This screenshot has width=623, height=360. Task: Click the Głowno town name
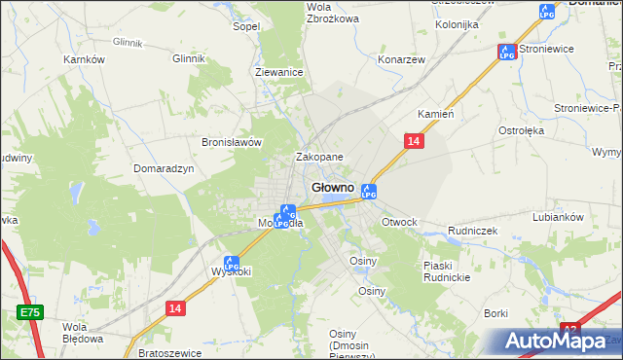tap(333, 187)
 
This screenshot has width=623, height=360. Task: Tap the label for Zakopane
tap(319, 157)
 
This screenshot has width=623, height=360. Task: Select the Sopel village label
tap(245, 26)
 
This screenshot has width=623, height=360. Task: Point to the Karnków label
tap(84, 59)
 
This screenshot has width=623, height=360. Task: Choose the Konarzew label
tap(402, 58)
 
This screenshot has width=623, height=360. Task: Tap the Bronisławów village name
tap(233, 141)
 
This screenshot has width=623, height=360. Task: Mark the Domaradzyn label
tap(165, 168)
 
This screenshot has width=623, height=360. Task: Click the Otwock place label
tap(399, 222)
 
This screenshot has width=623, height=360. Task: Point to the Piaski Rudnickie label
tap(448, 271)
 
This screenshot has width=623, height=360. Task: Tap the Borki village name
tap(496, 313)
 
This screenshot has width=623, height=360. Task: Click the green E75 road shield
tap(29, 312)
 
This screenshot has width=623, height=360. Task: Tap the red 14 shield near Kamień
tap(414, 142)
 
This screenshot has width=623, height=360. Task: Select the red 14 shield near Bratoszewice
tap(174, 307)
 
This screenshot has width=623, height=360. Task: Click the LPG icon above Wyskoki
tap(231, 262)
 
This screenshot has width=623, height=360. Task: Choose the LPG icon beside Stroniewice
tap(506, 52)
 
